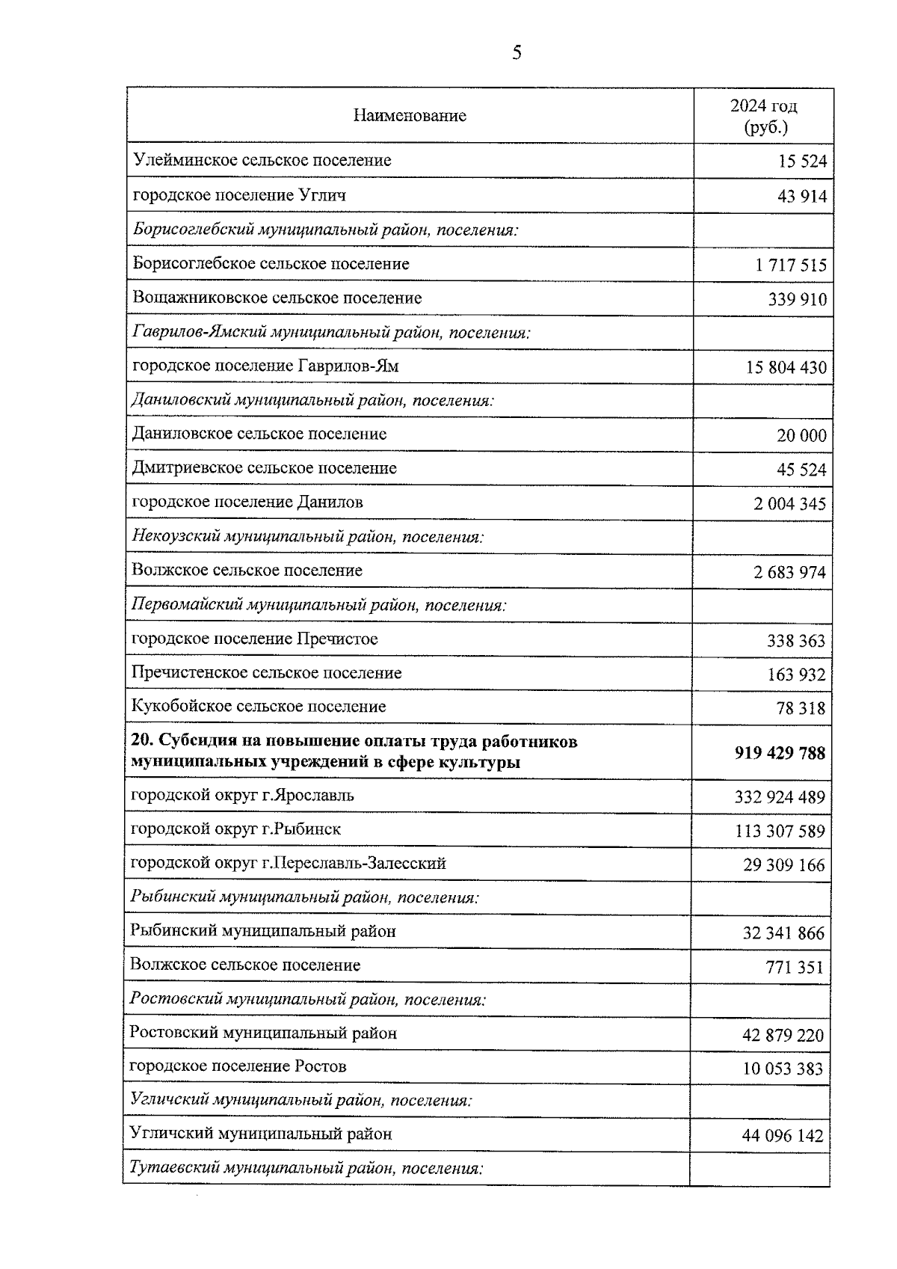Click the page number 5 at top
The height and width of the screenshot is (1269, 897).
point(517,52)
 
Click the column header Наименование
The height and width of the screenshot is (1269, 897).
point(410,116)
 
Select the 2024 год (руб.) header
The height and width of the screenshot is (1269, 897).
point(764,116)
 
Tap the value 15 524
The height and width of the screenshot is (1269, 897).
point(803,162)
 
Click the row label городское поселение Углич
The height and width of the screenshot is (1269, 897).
point(239,195)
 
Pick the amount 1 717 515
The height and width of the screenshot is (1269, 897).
point(791,265)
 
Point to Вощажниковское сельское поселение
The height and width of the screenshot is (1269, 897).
point(277,298)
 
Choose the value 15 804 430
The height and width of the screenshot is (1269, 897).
point(786,368)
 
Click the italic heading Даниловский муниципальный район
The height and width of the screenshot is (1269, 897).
point(312,400)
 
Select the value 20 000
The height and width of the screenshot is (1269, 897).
point(802,436)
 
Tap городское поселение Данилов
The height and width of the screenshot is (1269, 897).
point(247,502)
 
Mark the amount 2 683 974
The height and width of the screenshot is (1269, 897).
point(790,573)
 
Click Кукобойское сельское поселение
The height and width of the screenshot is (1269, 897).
point(259,706)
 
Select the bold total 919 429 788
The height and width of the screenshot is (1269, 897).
point(780,753)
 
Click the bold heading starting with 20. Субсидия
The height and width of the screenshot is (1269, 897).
point(354,752)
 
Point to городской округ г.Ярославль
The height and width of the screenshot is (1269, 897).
point(242,795)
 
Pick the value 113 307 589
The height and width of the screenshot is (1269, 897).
point(780,832)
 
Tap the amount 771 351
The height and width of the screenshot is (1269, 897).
point(794,968)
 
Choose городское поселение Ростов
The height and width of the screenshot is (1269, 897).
point(238,1066)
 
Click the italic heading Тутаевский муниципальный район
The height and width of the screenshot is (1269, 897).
point(306,1167)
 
